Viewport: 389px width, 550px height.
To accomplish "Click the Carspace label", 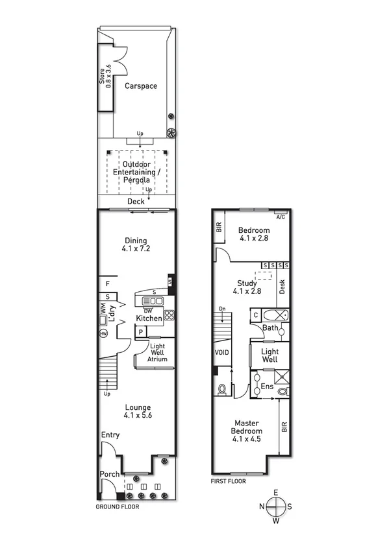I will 141,86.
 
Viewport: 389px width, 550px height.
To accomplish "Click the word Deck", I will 136,202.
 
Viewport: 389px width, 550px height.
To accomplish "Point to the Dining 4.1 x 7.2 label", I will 136,245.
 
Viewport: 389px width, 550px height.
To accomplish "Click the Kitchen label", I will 149,319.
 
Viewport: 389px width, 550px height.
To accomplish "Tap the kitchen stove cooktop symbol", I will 169,316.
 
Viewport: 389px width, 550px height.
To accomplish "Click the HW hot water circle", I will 103,333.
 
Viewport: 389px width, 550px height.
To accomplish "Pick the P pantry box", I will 139,333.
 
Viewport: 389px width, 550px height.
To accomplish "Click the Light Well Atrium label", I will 157,353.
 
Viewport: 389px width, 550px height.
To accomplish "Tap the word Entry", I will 110,435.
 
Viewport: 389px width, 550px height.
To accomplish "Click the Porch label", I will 110,474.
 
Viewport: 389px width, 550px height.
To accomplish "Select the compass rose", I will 277,506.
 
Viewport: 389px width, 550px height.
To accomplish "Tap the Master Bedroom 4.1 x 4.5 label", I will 247,431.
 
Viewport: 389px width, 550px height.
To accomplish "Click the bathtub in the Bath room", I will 277,316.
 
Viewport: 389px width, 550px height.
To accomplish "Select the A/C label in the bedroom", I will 280,217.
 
